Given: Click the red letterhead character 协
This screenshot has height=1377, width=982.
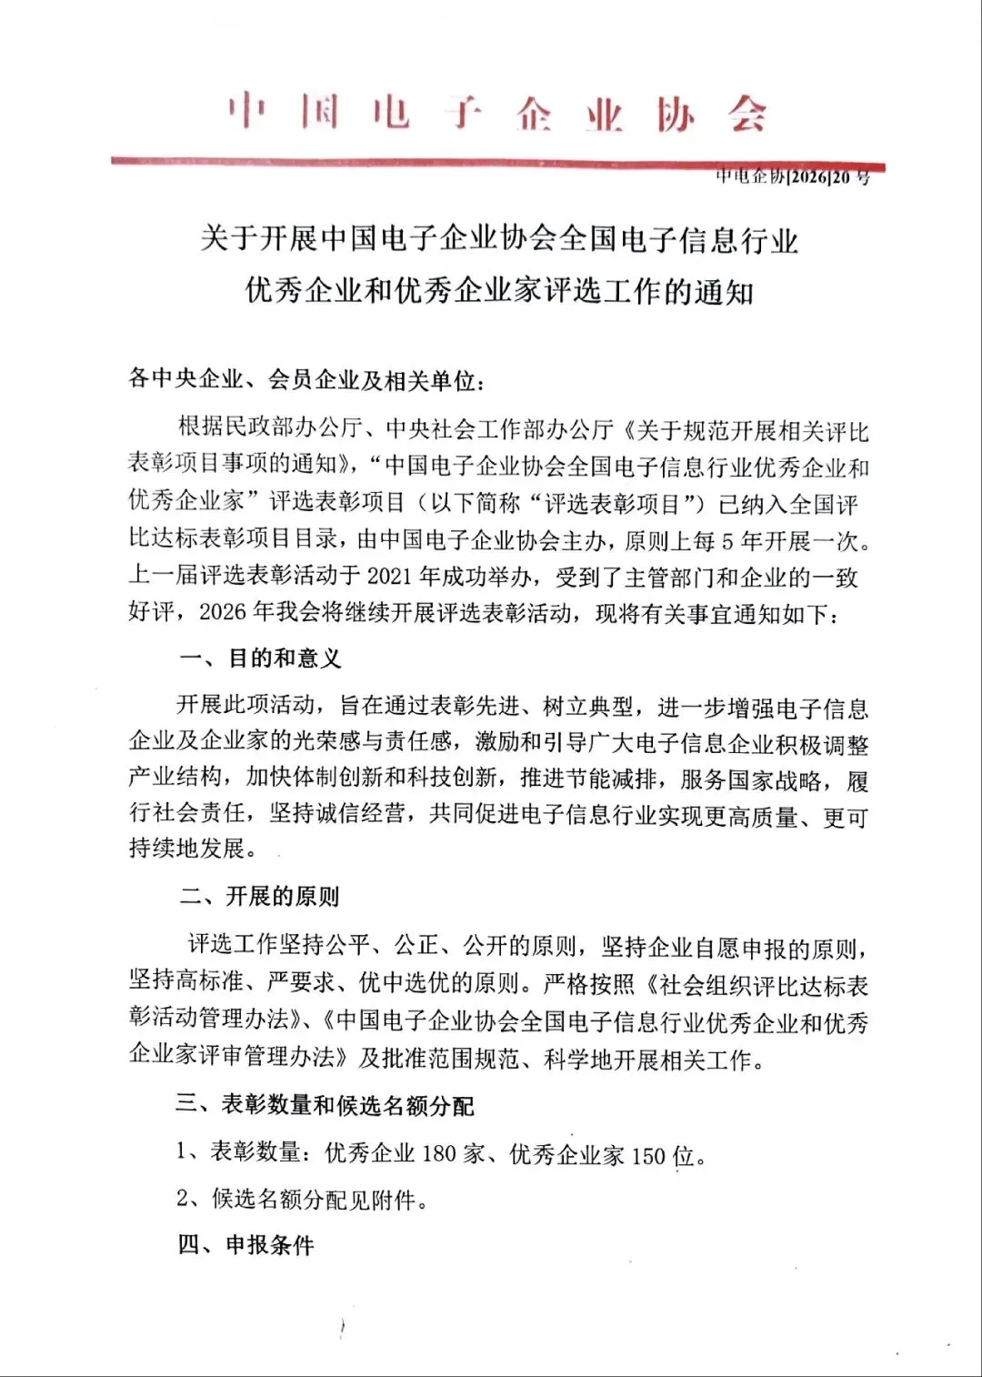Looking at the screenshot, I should pos(676,116).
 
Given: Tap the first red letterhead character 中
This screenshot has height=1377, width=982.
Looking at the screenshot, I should pos(246,112).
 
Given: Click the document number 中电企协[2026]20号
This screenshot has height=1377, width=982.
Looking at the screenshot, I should pos(792,177).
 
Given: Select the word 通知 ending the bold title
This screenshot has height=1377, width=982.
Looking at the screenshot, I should pos(725,292).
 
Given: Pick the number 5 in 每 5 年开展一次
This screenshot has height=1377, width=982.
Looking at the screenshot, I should pos(727,542).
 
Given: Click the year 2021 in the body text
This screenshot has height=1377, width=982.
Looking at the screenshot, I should pos(391,578).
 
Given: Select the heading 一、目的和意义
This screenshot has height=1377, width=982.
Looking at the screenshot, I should pos(260,658).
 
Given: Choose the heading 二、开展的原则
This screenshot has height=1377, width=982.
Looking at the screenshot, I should pos(259,897).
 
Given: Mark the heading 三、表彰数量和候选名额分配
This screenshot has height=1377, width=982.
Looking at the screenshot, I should pos(325,1106).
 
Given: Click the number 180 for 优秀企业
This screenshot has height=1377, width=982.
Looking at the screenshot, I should pos(438,1154).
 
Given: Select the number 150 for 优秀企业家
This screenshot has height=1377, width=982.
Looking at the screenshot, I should pos(649,1156).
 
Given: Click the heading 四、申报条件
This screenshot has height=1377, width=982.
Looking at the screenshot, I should pos(245,1245).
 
